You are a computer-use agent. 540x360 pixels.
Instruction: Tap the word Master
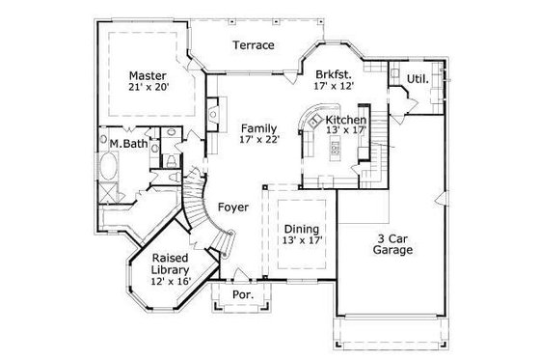[x=148, y=74]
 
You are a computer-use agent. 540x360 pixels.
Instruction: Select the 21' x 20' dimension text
[x=148, y=89]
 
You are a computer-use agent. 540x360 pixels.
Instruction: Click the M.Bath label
[x=121, y=144]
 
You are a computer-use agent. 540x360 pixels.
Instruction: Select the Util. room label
[x=417, y=78]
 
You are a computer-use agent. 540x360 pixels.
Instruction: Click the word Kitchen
[x=346, y=120]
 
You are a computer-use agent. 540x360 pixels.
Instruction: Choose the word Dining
[x=302, y=229]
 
